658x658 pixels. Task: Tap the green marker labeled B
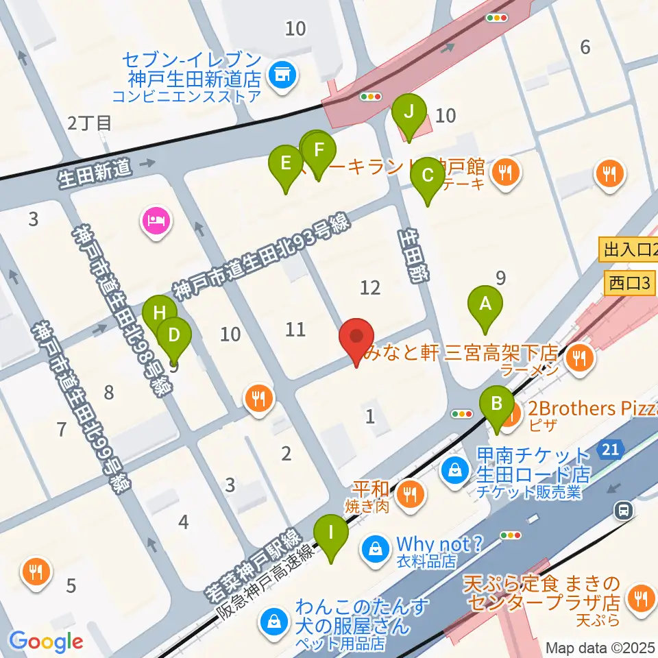tap(497, 404)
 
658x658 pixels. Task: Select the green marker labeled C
tap(427, 176)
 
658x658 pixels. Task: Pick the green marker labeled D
tap(174, 336)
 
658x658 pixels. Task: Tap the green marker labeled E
tap(286, 164)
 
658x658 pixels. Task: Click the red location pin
tap(356, 337)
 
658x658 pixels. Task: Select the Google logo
tap(47, 642)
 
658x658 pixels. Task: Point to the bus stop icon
tap(624, 509)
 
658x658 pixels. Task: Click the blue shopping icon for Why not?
tap(376, 548)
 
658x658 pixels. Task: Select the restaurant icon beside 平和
tap(411, 491)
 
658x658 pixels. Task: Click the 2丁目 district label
tap(89, 123)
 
